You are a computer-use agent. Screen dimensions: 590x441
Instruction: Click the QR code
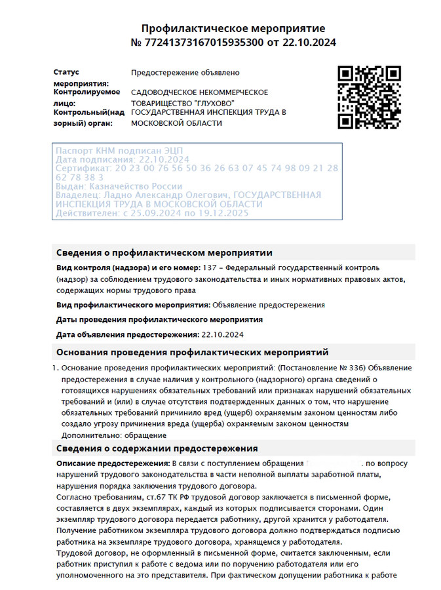pos(369,97)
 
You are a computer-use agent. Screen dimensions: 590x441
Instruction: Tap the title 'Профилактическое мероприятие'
pos(233,29)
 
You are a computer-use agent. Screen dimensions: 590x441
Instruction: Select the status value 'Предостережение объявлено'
pos(185,72)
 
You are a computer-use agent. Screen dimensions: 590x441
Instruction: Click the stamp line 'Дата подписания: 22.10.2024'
pos(123,159)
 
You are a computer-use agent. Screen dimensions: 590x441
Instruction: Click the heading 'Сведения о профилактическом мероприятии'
pos(164,252)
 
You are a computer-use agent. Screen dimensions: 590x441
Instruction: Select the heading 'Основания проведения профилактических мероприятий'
pos(192,353)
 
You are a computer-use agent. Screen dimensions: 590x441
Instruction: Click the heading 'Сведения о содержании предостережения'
pos(157,448)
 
